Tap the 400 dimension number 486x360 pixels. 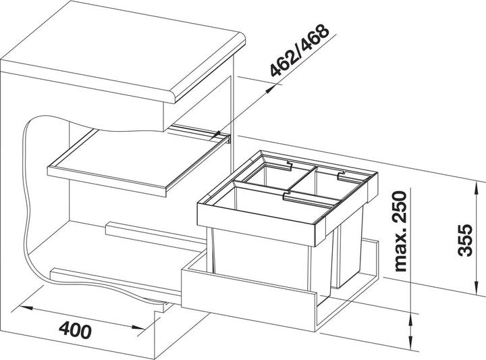pos(75,330)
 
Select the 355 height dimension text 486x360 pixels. pos(465,240)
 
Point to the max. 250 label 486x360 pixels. pos(399,231)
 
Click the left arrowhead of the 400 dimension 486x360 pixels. pos(26,308)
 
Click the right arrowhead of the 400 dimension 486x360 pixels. pos(138,327)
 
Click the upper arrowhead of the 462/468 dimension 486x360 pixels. pos(271,89)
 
